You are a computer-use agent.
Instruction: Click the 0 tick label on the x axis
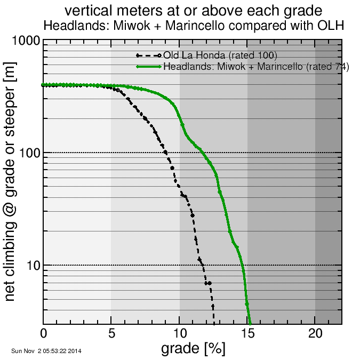pos(44,333)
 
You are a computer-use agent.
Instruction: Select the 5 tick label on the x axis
pos(111,333)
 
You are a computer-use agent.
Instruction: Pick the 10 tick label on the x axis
pos(179,333)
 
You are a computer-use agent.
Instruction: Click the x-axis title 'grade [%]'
pos(193,349)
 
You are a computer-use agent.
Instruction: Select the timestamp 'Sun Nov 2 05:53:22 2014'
pos(46,351)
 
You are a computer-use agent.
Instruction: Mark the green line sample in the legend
pos(149,67)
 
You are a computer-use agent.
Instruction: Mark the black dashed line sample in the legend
pos(149,55)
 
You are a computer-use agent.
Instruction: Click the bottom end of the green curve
pos(250,322)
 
